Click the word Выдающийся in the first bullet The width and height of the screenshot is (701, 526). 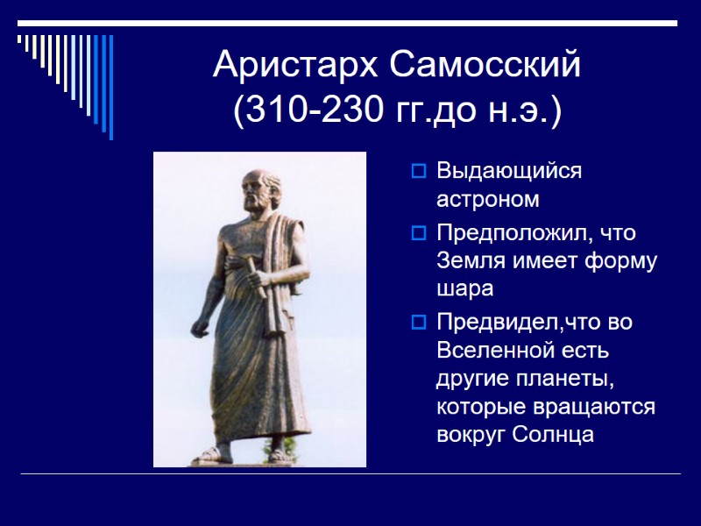tap(508, 171)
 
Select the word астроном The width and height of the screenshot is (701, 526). tap(487, 199)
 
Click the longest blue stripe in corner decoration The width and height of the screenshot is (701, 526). tap(110, 87)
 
